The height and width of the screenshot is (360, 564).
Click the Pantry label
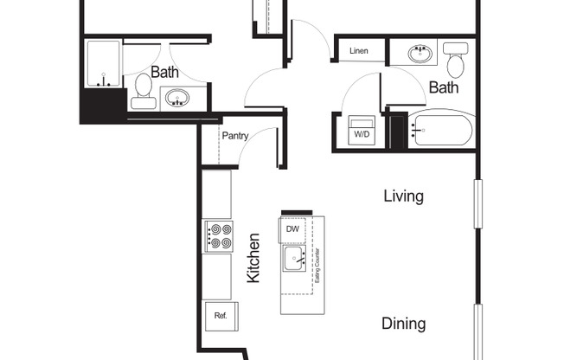coord(235,136)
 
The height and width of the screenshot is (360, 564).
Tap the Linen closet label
coord(359,51)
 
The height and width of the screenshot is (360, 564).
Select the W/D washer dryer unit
coord(362,131)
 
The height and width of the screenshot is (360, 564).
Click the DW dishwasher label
coord(292,229)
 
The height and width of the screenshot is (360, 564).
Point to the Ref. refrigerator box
coord(221,316)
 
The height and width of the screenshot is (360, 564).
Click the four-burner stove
coord(219,236)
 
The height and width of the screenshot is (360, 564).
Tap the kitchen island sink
coord(294,258)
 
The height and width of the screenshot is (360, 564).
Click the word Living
coord(404,196)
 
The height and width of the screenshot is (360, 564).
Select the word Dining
coord(404,324)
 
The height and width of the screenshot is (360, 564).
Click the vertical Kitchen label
coord(253,258)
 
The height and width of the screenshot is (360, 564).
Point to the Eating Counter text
coord(317,266)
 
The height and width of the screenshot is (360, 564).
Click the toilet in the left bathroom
coord(143,92)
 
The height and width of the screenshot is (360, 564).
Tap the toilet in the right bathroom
coord(456,60)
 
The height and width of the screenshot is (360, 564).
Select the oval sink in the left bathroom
coord(177,98)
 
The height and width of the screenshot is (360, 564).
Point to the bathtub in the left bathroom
coord(103,64)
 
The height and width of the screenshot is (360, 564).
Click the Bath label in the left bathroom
coord(164,72)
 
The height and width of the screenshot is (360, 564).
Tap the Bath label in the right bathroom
coord(444,87)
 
